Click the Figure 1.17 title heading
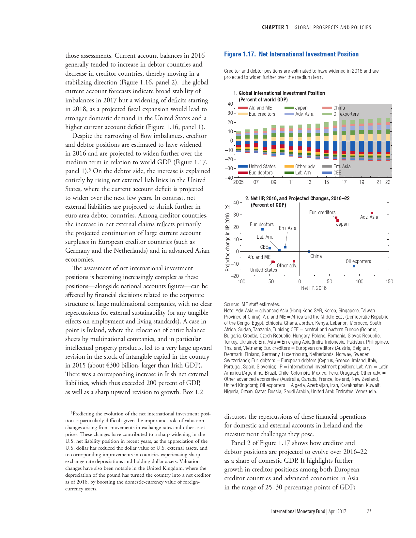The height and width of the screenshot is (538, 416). (291, 54)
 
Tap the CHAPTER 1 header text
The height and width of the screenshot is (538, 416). (275, 27)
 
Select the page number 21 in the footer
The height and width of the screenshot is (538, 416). (369, 511)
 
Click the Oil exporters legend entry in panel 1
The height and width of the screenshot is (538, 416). (346, 114)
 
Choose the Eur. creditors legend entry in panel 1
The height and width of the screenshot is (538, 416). (261, 114)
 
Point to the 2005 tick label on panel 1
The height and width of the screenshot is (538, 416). (238, 182)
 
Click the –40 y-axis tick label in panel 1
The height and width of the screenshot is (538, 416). (229, 178)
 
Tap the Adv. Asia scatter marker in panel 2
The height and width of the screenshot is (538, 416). (372, 213)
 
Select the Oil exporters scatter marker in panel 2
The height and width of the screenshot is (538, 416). (354, 266)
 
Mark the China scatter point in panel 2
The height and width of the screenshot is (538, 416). (309, 252)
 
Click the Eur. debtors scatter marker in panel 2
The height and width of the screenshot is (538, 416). (262, 230)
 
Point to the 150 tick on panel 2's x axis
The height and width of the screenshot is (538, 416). (389, 282)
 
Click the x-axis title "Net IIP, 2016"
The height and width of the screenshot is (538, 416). (314, 288)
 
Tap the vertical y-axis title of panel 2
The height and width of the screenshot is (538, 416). (228, 238)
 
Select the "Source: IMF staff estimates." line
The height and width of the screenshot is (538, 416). (252, 305)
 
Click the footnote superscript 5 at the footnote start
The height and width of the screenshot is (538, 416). (72, 413)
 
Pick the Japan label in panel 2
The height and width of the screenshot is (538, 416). (342, 224)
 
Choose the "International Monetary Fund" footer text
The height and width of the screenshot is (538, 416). (298, 511)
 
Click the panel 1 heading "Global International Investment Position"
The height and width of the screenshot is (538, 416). (282, 93)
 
